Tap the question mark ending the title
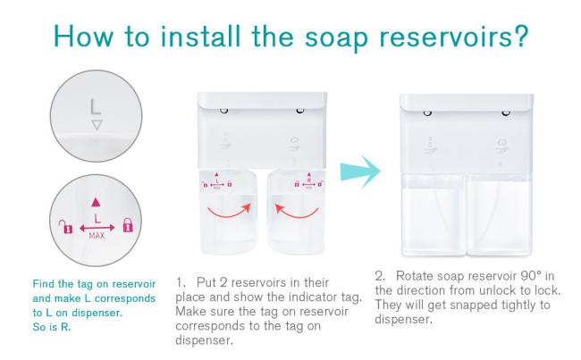tap(520, 36)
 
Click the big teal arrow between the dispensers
tap(360, 172)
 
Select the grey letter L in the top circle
tap(96, 106)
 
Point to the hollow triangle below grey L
tap(97, 125)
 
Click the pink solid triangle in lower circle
tap(96, 202)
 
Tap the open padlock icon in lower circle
tap(66, 227)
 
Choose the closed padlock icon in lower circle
tap(128, 225)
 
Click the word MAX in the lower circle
tap(97, 236)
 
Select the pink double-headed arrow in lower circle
tap(97, 228)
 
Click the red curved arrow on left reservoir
tap(229, 211)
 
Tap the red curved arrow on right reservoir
tap(297, 212)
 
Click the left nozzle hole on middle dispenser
tap(223, 111)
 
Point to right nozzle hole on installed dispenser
tap(506, 113)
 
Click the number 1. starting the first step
tap(181, 282)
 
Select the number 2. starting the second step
tap(381, 276)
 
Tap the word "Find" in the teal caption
tap(43, 284)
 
